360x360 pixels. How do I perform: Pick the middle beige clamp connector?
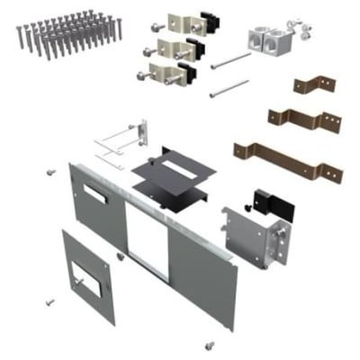169,48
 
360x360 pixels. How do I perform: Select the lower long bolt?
229,88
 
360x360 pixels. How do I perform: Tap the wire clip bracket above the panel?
122,142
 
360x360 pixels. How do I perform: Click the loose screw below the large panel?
210,344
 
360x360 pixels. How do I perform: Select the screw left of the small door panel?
50,302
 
